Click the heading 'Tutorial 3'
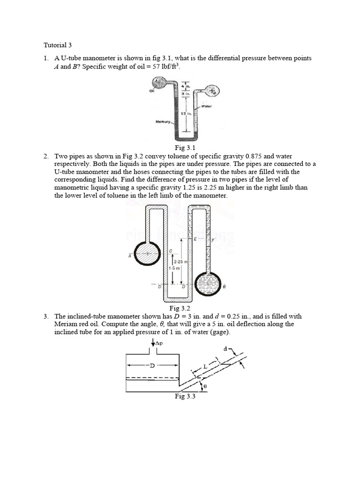click(x=58, y=45)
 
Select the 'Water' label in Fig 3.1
click(x=207, y=106)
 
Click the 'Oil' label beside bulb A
click(x=152, y=91)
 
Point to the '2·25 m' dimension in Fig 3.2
click(x=180, y=262)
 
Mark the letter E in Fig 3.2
click(x=195, y=240)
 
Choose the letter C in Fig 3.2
click(x=171, y=252)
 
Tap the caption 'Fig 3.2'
click(x=180, y=308)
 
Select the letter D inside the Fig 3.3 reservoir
click(x=152, y=365)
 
